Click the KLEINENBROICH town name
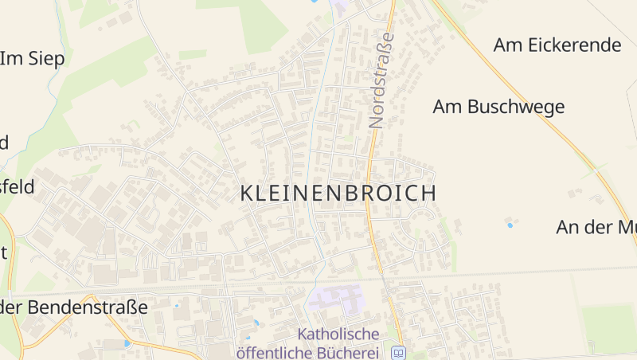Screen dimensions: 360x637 (x=338, y=194)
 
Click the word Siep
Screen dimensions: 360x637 (x=48, y=58)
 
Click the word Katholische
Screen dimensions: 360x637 (x=338, y=334)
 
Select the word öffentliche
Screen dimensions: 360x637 (x=272, y=351)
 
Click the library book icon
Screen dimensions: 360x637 (x=398, y=352)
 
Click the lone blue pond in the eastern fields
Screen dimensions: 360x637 (x=510, y=225)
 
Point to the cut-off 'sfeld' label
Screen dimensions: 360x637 (x=18, y=187)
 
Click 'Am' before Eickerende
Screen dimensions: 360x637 (x=507, y=45)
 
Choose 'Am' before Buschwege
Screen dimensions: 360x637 (x=447, y=107)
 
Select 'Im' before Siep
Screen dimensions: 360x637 (x=11, y=58)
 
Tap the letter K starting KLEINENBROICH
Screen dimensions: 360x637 (x=247, y=194)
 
